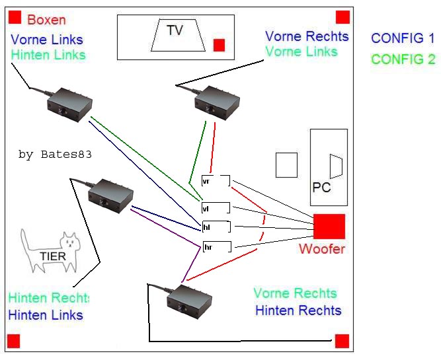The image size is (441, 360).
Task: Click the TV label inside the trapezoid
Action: click(175, 30)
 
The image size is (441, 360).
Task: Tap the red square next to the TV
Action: click(220, 45)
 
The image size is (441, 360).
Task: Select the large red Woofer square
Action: click(329, 227)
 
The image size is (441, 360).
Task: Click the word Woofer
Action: click(322, 249)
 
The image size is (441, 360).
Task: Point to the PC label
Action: click(321, 188)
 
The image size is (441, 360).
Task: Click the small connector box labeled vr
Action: click(216, 181)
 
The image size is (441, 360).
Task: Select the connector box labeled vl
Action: click(216, 208)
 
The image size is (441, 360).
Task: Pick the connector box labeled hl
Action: click(216, 227)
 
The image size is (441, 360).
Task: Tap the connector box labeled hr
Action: click(216, 247)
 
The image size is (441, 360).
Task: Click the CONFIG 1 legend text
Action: click(403, 38)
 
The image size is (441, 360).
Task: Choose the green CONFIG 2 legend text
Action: click(403, 59)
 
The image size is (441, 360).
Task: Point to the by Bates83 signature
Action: click(55, 155)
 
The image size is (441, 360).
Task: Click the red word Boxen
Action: click(47, 20)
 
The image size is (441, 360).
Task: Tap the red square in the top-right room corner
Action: click(342, 17)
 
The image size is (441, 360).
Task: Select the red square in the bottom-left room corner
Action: click(14, 341)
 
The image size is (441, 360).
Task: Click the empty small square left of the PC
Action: click(286, 165)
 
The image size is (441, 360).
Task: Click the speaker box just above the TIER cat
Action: click(110, 196)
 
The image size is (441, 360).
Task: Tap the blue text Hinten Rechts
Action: click(298, 310)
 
